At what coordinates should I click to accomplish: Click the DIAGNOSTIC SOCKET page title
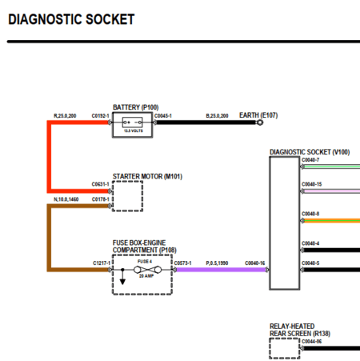click(71, 19)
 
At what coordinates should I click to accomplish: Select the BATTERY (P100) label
click(135, 107)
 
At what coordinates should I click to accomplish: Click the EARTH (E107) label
click(258, 115)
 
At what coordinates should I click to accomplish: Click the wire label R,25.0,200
click(66, 116)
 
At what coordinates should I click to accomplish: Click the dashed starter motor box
click(127, 195)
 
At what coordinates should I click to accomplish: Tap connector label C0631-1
click(101, 183)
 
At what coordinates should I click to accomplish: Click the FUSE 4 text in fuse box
click(144, 262)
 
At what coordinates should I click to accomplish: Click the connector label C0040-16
click(255, 263)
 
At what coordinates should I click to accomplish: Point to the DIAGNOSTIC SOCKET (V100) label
click(310, 151)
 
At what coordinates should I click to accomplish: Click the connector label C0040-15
click(312, 185)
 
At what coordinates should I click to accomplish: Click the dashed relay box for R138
click(284, 348)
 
